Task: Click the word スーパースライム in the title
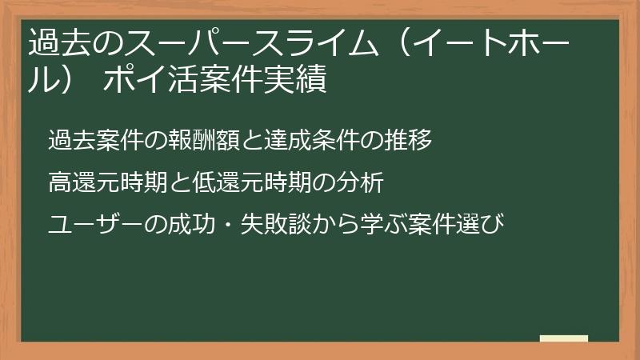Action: click(x=231, y=42)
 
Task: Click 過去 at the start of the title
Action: click(x=56, y=42)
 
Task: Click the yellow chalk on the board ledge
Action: click(x=564, y=338)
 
